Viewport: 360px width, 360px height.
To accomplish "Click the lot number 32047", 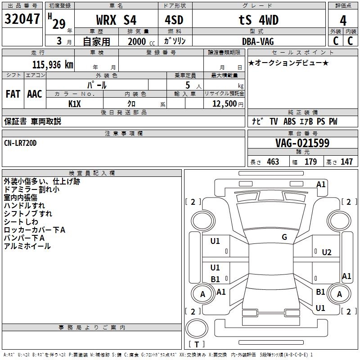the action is (22, 19).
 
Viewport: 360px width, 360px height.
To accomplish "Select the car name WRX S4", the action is (116, 20).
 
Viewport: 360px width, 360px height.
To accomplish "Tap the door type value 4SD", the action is (174, 20).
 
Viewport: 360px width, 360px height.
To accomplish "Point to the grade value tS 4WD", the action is (258, 20).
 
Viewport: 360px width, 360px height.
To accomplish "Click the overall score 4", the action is (343, 21).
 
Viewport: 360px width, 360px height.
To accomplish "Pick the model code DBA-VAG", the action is (258, 41).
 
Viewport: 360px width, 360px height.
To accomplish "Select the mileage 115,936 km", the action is (53, 65).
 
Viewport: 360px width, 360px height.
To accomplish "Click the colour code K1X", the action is (75, 104).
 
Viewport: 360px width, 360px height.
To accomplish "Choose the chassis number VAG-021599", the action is (302, 143).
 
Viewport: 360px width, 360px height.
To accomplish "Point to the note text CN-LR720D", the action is (20, 143).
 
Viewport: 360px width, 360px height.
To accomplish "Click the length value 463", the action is (273, 162).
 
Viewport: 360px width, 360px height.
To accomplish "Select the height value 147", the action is (346, 162).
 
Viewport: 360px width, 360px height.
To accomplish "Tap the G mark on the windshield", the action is (284, 237).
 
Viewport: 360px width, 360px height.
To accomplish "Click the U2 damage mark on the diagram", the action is (327, 252).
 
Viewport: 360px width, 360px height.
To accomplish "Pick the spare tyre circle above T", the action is (197, 328).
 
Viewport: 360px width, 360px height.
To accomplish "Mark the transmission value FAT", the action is (13, 94).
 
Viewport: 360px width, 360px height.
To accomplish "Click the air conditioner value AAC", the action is (35, 94).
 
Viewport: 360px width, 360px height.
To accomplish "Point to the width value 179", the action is (310, 162).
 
